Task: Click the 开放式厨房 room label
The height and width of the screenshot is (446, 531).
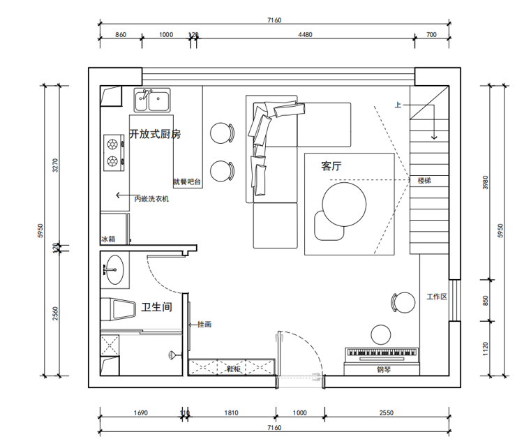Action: click(154, 134)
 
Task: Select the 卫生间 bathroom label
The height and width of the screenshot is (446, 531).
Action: click(157, 307)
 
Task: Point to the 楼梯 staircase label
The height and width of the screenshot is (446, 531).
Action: click(424, 181)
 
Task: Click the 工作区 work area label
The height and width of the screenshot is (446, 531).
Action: click(436, 297)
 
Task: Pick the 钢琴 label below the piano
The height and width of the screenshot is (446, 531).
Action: click(383, 370)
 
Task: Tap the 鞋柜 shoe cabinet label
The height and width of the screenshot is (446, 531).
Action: click(234, 368)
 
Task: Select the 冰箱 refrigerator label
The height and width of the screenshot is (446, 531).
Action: click(107, 239)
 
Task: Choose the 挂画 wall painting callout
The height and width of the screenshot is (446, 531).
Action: click(204, 325)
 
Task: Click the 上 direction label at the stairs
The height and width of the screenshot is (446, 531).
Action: click(397, 105)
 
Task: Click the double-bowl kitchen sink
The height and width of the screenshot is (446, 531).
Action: click(153, 101)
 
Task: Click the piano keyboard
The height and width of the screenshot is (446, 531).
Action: click(382, 353)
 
